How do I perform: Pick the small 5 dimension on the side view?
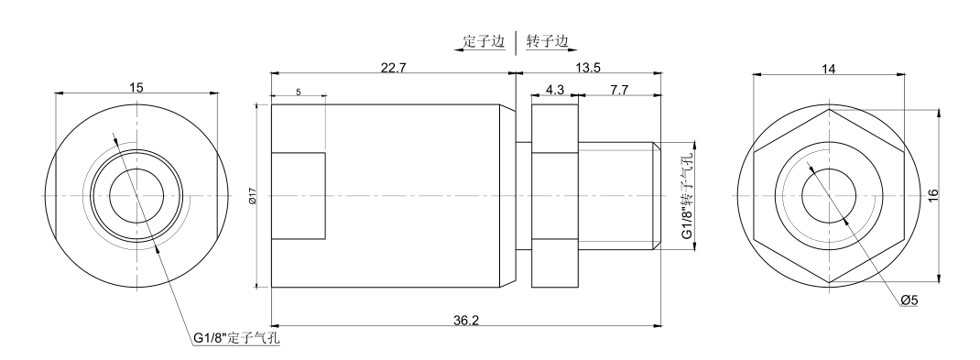pos(299,93)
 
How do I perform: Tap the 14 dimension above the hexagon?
pos(829,69)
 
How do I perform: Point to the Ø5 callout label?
pos(909,301)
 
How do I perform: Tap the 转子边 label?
pos(546,40)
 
